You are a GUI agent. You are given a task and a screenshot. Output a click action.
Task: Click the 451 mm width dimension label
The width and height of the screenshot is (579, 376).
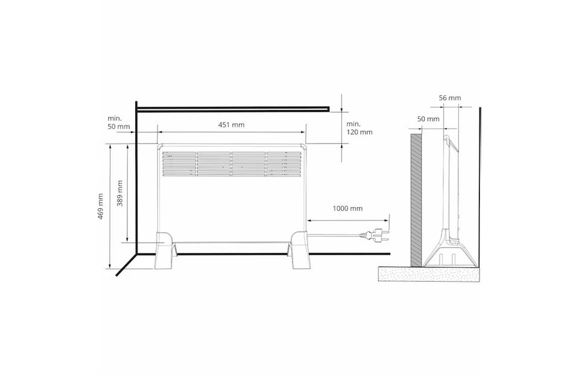click(x=231, y=125)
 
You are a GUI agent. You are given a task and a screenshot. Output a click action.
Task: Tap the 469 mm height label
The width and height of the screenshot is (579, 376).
click(x=101, y=206)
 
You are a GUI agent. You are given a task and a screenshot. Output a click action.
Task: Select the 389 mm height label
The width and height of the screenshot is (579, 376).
click(x=120, y=193)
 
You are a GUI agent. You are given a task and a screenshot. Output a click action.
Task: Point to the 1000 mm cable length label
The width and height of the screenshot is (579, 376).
click(x=347, y=208)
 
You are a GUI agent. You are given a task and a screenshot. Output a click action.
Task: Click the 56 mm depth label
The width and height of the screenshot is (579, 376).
click(x=450, y=98)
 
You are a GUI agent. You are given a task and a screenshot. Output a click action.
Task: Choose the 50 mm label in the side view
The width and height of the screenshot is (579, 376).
click(x=428, y=119)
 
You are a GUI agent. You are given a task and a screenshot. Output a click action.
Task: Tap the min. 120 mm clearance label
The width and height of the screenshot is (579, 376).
click(x=359, y=128)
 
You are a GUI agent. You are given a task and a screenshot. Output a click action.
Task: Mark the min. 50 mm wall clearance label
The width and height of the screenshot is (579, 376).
click(x=119, y=123)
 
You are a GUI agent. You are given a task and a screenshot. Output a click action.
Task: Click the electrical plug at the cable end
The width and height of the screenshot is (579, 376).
click(x=375, y=235)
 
